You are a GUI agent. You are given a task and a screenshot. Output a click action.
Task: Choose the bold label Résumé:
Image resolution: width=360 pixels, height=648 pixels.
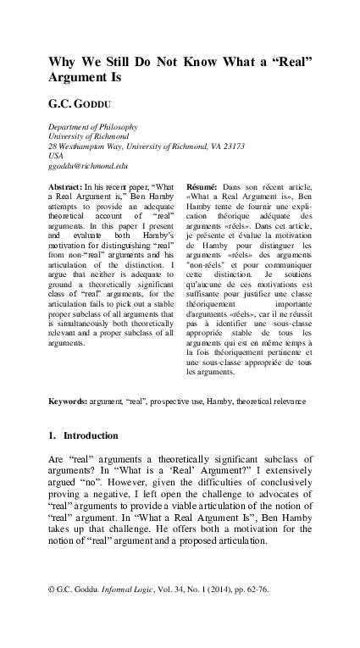pos(204,185)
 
